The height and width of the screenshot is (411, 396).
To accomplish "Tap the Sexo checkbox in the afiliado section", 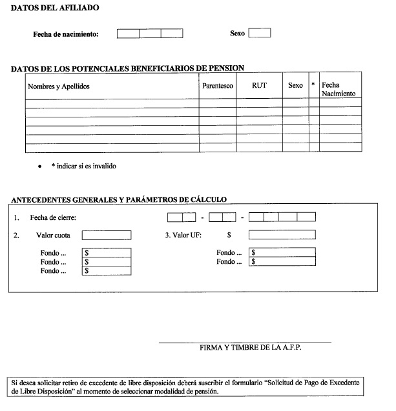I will click(260, 33).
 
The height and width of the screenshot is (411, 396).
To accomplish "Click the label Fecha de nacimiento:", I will click(66, 34).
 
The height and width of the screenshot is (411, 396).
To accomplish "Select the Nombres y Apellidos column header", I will click(59, 86).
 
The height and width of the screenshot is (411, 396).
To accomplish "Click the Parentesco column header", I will click(217, 86).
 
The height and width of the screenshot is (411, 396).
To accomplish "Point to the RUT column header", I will click(259, 86).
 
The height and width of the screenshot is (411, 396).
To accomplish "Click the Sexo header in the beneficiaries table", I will click(295, 86).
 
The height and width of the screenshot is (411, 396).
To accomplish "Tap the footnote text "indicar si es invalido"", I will click(86, 166).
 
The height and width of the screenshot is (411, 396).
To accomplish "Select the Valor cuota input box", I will click(107, 236).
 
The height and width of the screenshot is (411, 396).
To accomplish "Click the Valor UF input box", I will click(282, 235).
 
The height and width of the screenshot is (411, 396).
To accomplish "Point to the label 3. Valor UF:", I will click(183, 236).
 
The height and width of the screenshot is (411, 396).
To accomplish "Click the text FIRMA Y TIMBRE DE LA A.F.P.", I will click(251, 347).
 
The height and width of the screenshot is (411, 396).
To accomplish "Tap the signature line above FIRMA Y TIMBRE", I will click(245, 342).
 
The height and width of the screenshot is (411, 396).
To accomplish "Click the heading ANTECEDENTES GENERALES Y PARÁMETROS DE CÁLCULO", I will click(119, 199).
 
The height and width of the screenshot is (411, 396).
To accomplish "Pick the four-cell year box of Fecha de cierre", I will click(282, 217).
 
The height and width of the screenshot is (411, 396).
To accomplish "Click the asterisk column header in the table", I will click(313, 86).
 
